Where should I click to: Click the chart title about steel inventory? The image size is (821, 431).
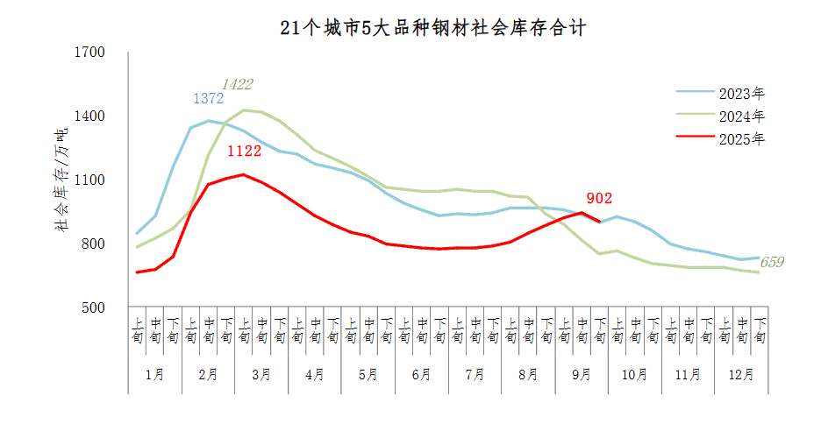click(432, 28)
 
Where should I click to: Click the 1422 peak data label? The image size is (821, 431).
click(237, 84)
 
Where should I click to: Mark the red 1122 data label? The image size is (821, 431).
click(245, 152)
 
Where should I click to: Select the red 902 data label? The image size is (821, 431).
click(598, 199)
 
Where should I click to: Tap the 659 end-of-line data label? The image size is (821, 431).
click(771, 262)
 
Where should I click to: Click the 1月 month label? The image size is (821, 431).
click(154, 375)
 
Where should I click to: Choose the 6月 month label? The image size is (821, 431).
click(421, 375)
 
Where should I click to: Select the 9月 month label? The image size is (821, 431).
click(582, 375)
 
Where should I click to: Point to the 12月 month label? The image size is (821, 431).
click(741, 375)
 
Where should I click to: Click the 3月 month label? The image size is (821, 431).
click(261, 375)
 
